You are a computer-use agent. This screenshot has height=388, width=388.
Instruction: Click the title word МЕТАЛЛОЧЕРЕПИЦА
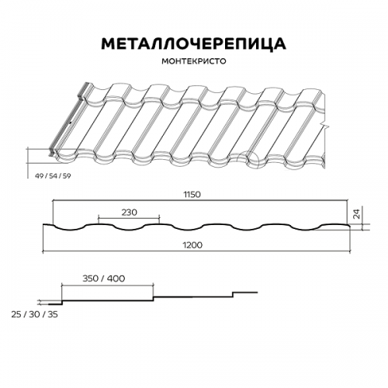(x=193, y=44)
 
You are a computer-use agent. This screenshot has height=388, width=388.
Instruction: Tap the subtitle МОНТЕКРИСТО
(x=194, y=61)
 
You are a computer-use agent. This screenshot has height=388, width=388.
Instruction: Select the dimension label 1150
(x=192, y=195)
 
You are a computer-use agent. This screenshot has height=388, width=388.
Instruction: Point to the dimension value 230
(x=129, y=213)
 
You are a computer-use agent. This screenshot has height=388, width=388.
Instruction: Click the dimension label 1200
(x=192, y=244)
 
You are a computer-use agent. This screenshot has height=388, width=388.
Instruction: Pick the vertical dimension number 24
(x=356, y=214)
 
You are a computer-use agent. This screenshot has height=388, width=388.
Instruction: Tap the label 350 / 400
(x=104, y=279)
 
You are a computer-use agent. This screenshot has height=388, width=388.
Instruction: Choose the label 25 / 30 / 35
(x=34, y=314)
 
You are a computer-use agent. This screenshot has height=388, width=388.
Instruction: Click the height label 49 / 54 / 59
(x=53, y=176)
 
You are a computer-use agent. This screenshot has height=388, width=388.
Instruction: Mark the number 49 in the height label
(x=40, y=176)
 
